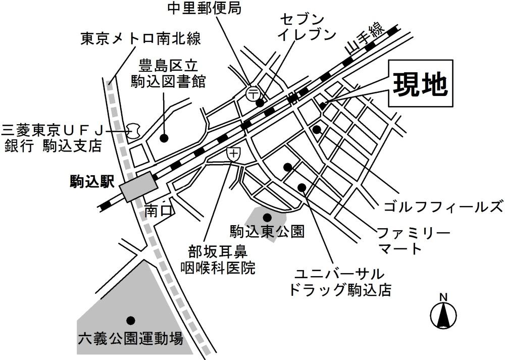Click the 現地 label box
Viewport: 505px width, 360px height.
(421, 83)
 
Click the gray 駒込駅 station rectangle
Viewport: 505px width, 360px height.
(136, 187)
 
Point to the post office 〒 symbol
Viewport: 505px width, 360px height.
(252, 93)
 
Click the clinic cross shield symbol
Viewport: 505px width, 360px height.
(233, 155)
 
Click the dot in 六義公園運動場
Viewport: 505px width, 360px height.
(130, 320)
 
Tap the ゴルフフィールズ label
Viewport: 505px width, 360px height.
(443, 207)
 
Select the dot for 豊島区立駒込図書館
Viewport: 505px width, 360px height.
(164, 137)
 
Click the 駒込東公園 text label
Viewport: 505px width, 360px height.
(267, 232)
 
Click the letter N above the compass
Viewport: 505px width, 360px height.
(443, 297)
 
